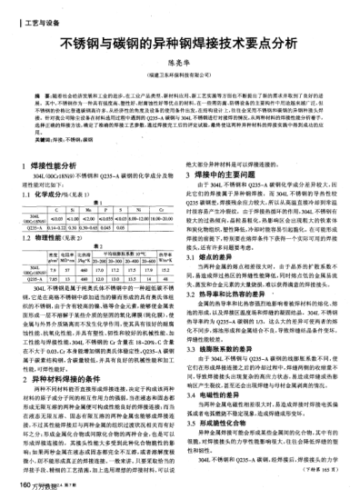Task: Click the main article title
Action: click(x=180, y=42)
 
